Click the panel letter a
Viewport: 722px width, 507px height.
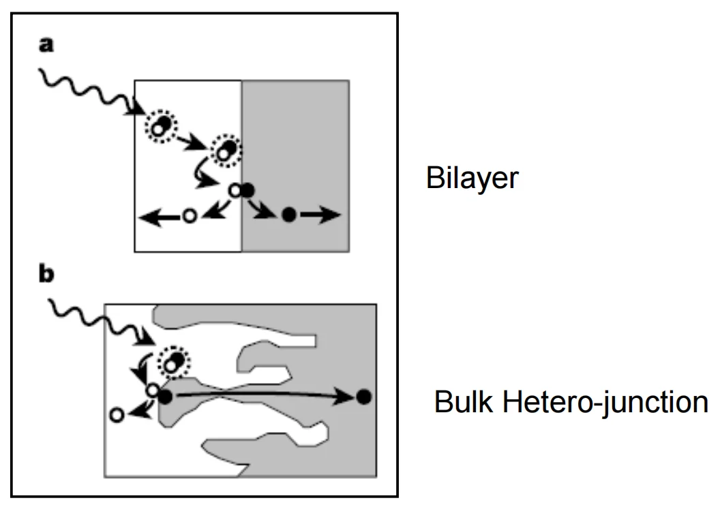click(x=46, y=46)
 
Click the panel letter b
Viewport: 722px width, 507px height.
click(x=46, y=274)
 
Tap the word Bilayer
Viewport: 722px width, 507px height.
click(x=472, y=179)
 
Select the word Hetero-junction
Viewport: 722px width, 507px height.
click(x=605, y=402)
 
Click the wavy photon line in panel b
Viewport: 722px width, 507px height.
click(x=102, y=322)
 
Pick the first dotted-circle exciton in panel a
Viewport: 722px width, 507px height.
click(x=161, y=126)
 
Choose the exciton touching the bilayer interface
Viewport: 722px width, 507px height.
click(x=226, y=150)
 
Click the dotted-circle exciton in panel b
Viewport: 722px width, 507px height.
click(x=174, y=363)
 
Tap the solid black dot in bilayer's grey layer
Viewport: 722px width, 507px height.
click(x=288, y=215)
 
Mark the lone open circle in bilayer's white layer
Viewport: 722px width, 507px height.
click(x=190, y=215)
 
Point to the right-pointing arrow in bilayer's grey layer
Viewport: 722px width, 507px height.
click(x=320, y=215)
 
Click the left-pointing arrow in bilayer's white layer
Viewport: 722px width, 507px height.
click(x=160, y=216)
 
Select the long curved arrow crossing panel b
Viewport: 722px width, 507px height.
click(x=262, y=394)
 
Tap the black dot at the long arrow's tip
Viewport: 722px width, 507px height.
click(x=364, y=397)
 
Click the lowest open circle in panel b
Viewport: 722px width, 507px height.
click(x=117, y=415)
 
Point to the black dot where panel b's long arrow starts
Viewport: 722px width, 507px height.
click(x=165, y=397)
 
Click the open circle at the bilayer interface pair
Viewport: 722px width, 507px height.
click(x=235, y=190)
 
